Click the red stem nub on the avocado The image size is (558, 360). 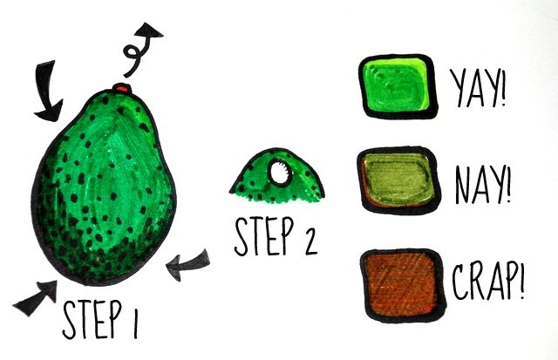tap(121, 88)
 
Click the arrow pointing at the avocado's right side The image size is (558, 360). tap(187, 265)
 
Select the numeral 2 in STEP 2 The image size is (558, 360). tap(310, 241)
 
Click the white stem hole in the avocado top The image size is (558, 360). tap(279, 173)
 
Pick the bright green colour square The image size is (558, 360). tap(398, 86)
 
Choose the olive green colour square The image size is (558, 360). tap(398, 180)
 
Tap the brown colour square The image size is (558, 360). tap(403, 286)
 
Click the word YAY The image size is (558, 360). tap(473, 87)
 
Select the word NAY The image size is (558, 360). tap(479, 186)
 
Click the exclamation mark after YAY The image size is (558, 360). tap(502, 88)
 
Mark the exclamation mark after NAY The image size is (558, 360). tap(507, 185)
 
